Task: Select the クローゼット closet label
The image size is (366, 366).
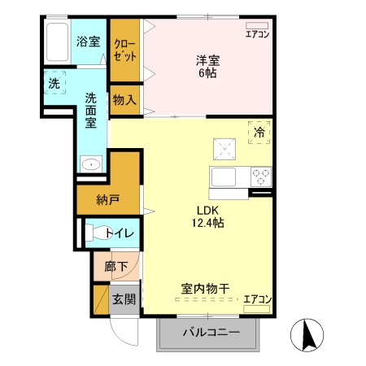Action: coord(124,50)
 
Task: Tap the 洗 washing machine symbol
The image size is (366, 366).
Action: coord(54,83)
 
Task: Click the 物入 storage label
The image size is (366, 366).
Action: coord(124,101)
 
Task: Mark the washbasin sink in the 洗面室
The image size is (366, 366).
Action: coord(91,163)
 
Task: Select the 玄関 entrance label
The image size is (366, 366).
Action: coord(124,299)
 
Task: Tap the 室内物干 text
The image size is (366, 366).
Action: coord(203,288)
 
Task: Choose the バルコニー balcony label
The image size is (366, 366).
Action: coord(210,333)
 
